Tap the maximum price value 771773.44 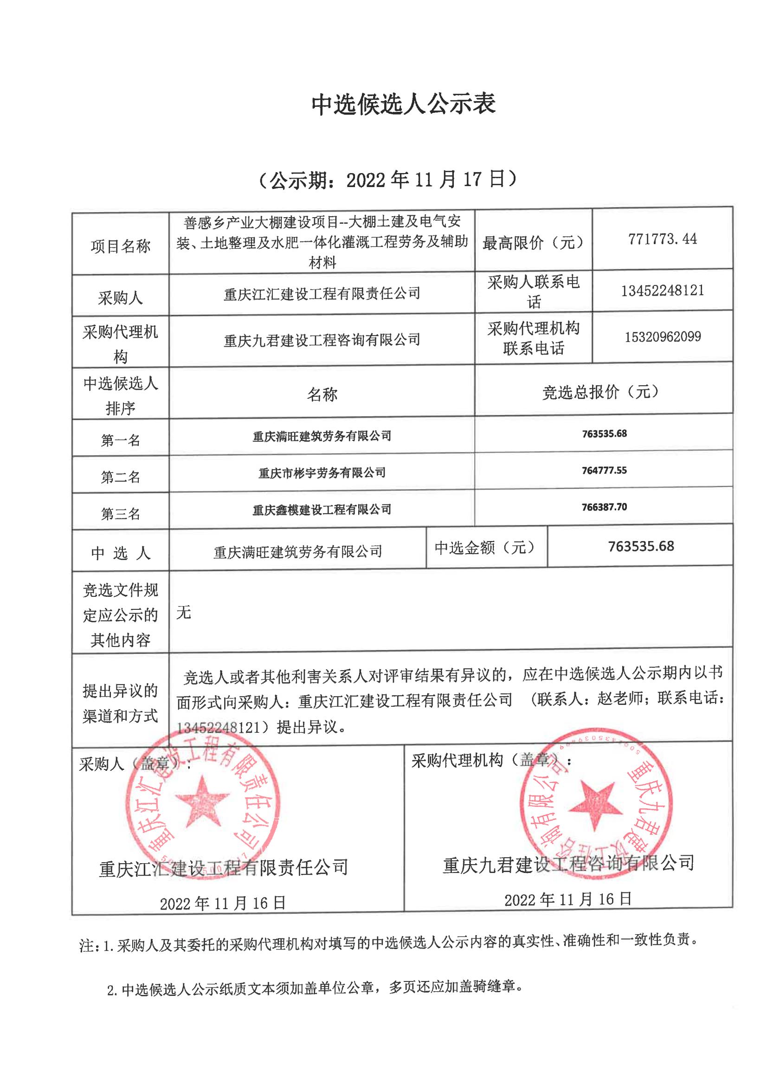pos(662,239)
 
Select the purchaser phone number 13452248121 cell pos(662,290)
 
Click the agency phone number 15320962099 pos(663,336)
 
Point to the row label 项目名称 pos(121,246)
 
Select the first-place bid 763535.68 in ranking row pos(604,433)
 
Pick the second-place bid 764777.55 pos(604,470)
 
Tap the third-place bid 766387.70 pos(604,507)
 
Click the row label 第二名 pos(121,477)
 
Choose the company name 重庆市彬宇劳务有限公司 pos(322,472)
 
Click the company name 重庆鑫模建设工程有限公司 pos(322,510)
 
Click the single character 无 pos(183,613)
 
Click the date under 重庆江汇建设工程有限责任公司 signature pos(223,903)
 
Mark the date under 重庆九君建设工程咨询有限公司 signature pos(567,899)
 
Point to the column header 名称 pos(322,394)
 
